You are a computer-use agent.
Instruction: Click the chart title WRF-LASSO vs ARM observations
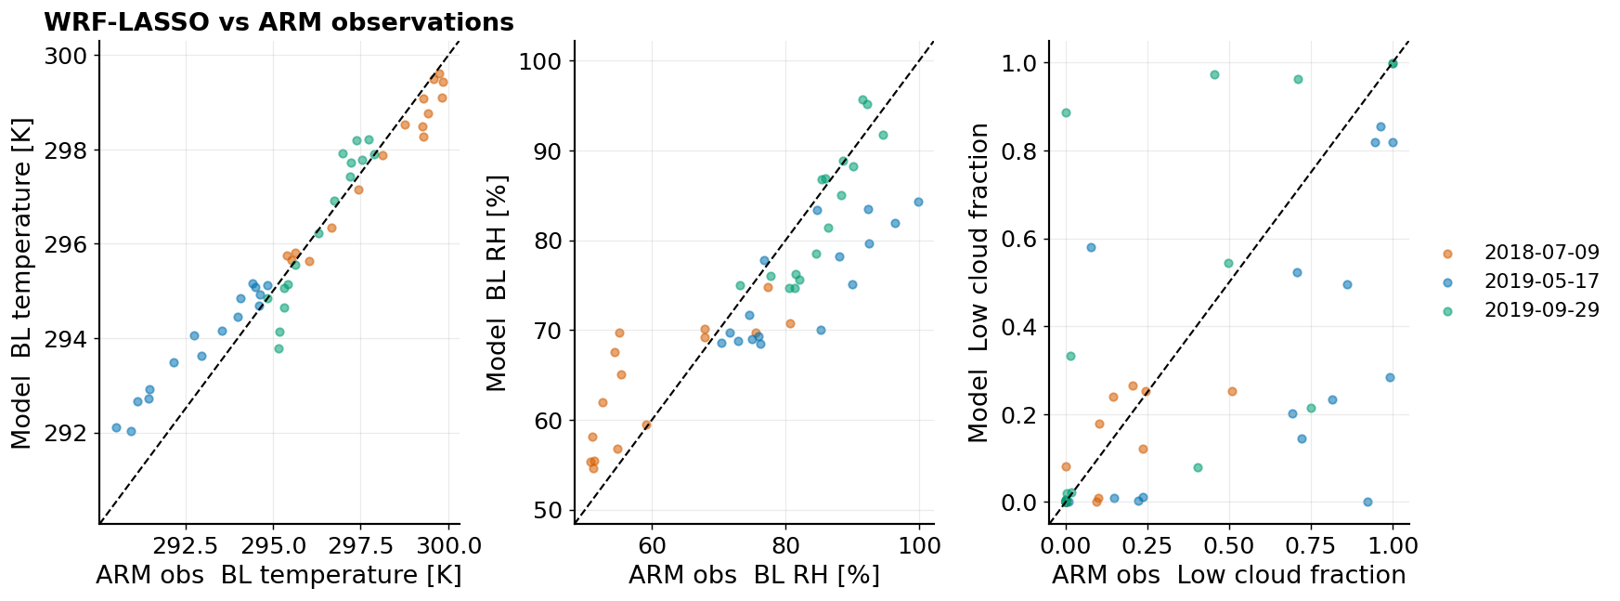click(279, 22)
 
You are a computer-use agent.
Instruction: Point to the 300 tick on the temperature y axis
click(66, 56)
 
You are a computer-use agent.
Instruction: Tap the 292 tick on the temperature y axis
click(66, 434)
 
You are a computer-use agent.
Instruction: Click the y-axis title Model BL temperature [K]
click(21, 282)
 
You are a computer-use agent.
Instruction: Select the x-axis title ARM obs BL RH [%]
click(754, 576)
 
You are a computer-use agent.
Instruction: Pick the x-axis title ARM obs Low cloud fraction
click(1229, 576)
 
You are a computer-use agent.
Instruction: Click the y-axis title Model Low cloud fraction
click(978, 282)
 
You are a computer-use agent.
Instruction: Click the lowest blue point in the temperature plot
click(131, 431)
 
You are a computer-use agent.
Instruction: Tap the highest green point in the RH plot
click(862, 99)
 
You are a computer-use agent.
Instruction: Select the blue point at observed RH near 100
click(918, 202)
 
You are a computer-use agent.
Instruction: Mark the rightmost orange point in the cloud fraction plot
click(1232, 391)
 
